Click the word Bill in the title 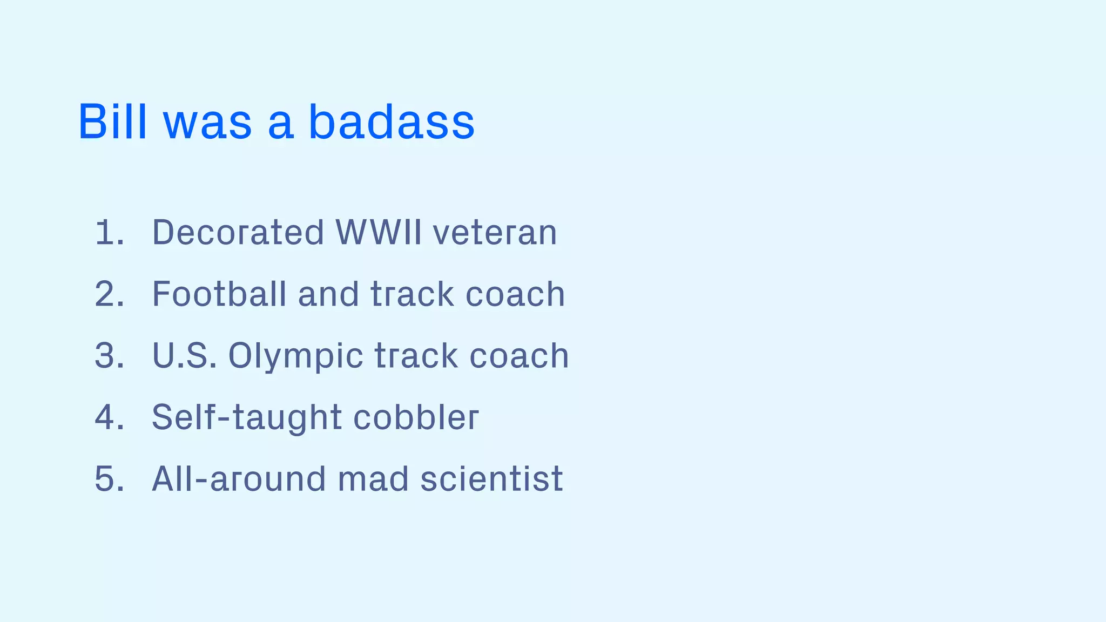click(112, 121)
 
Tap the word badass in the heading click(392, 121)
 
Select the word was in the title click(207, 124)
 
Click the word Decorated click(238, 233)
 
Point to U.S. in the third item click(184, 356)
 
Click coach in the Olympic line click(519, 356)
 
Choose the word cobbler click(416, 417)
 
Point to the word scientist click(491, 479)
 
